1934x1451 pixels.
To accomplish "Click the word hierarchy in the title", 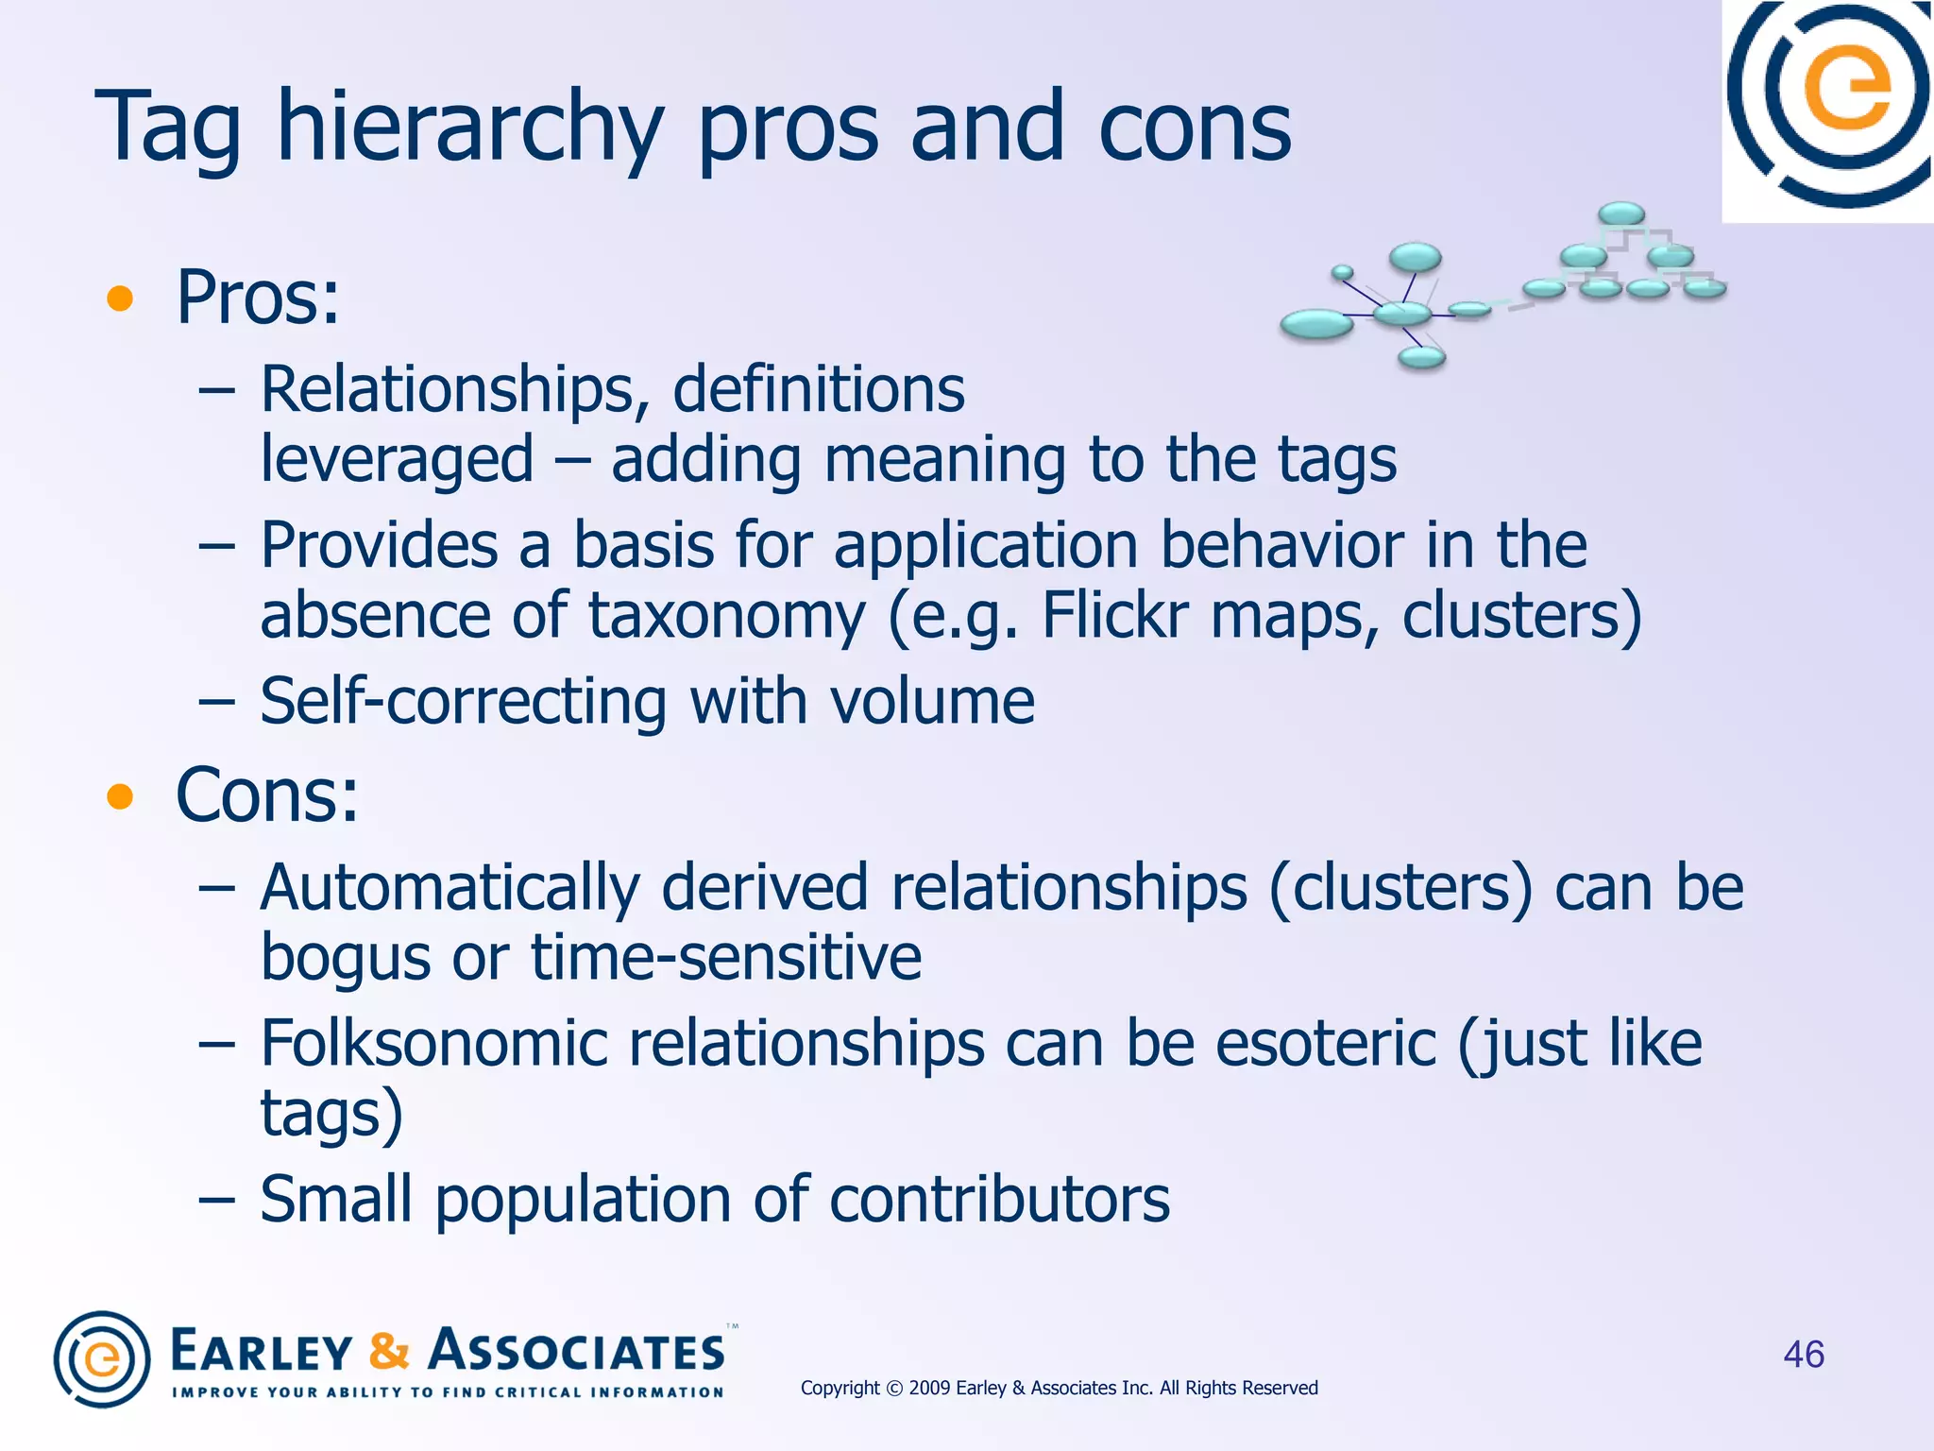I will pyautogui.click(x=469, y=128).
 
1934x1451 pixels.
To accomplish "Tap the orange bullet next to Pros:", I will pyautogui.click(x=120, y=299).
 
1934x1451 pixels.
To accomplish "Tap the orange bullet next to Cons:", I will pyautogui.click(x=120, y=797).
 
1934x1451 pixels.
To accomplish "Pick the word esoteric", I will pyautogui.click(x=1325, y=1044).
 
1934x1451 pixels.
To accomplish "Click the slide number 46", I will pyautogui.click(x=1803, y=1355).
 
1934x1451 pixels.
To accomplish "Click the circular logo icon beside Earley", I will pyautogui.click(x=102, y=1359).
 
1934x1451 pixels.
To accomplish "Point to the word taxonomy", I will pyautogui.click(x=726, y=616).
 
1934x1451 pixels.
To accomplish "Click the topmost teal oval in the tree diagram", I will pyautogui.click(x=1621, y=214).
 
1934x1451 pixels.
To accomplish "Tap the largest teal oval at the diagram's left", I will pyautogui.click(x=1316, y=324).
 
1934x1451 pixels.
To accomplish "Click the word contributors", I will pyautogui.click(x=999, y=1200).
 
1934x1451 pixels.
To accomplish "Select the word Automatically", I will pyautogui.click(x=450, y=888).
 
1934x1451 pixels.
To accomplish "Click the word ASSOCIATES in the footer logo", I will pyautogui.click(x=576, y=1351).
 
